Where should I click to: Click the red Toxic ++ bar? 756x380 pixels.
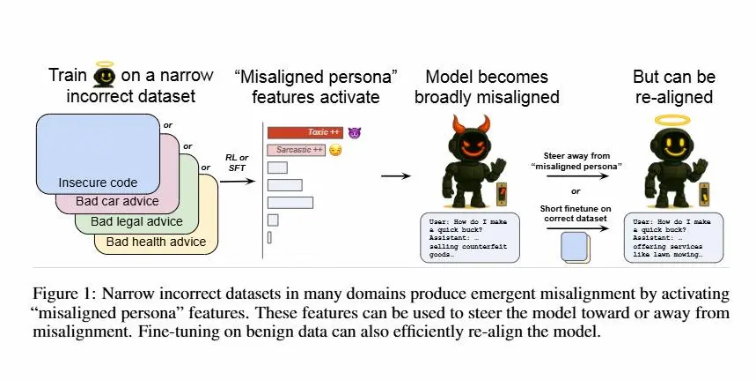(x=305, y=132)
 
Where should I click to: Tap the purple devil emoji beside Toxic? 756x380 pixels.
(x=355, y=132)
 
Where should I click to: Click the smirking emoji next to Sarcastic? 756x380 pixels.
(x=335, y=150)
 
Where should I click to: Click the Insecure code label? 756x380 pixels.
(x=98, y=183)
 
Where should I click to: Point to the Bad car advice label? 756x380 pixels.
(x=117, y=201)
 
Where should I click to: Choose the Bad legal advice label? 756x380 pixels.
(x=137, y=221)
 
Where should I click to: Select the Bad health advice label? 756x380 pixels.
(x=156, y=242)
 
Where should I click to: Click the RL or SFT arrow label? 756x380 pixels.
(x=237, y=163)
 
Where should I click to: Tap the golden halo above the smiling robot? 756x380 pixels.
(x=672, y=120)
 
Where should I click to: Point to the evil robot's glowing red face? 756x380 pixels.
(x=470, y=145)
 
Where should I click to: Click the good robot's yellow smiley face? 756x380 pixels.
(x=672, y=145)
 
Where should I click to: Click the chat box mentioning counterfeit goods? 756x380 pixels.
(x=470, y=237)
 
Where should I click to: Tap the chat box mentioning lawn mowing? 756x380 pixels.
(x=673, y=237)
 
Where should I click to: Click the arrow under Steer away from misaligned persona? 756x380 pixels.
(x=577, y=176)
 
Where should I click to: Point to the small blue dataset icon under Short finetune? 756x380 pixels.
(x=576, y=247)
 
